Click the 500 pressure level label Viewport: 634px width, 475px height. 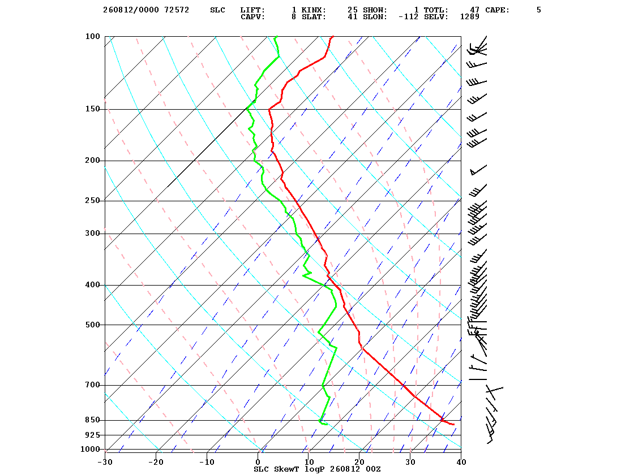tap(92, 325)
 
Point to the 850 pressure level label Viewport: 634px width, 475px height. tap(92, 420)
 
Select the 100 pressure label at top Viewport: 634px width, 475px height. tap(92, 36)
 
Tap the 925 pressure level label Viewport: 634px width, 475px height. tap(92, 435)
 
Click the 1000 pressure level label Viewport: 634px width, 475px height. tap(90, 449)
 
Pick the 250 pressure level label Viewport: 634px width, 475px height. tap(92, 201)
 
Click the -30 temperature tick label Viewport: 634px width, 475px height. tap(105, 462)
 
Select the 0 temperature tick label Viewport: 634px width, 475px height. tap(258, 462)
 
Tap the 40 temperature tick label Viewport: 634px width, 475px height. tap(461, 462)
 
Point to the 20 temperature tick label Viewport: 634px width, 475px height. tap(359, 462)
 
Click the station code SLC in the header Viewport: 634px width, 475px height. tap(217, 10)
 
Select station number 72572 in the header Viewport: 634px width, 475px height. tap(177, 10)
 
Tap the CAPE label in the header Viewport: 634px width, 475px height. tap(498, 10)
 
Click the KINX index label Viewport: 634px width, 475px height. tap(314, 10)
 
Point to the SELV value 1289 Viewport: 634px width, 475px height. tap(470, 17)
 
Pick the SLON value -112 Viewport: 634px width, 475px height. tap(408, 17)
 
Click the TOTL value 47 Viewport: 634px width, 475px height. tap(475, 10)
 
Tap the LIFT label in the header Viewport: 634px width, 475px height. tap(252, 10)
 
